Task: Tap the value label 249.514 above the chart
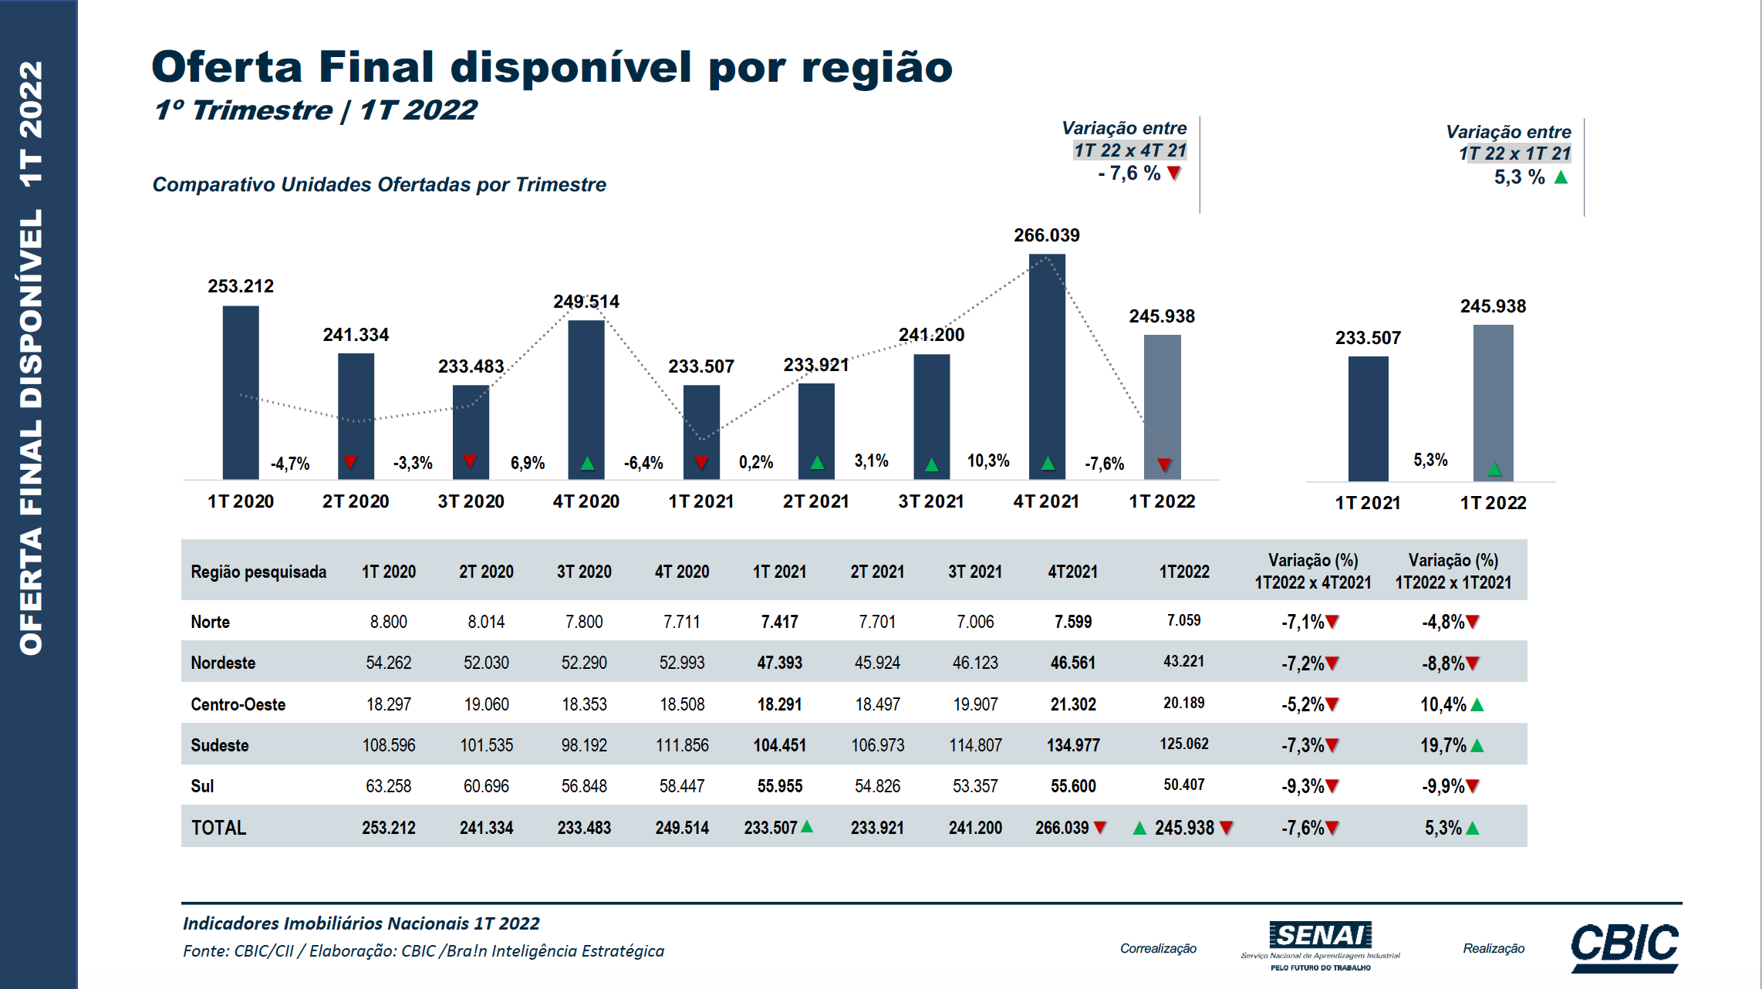coord(586,302)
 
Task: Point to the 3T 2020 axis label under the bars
coord(471,501)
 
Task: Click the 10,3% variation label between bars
coord(988,461)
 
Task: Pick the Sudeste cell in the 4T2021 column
coord(1073,745)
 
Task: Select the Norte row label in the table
coord(210,622)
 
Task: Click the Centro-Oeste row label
coord(238,704)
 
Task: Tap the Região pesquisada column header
coord(258,572)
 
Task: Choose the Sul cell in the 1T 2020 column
coord(388,786)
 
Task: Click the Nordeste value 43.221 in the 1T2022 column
coord(1183,662)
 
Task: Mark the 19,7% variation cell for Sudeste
coord(1443,745)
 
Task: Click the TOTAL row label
coord(218,828)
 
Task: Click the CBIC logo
coord(1625,946)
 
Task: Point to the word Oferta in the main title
coord(227,67)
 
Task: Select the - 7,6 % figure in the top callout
coord(1129,174)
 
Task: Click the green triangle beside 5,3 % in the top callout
coord(1561,177)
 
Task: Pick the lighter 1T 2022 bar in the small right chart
coord(1493,403)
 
